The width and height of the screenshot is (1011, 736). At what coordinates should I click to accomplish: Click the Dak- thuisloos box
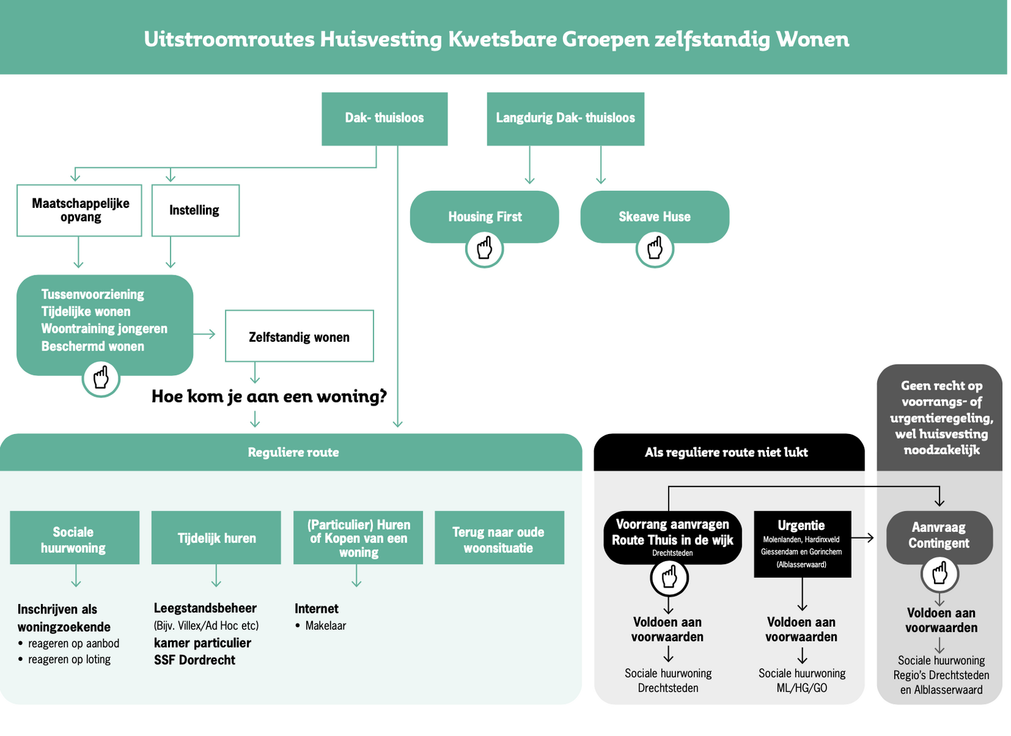click(384, 119)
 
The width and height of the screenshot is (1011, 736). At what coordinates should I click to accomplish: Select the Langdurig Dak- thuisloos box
click(565, 119)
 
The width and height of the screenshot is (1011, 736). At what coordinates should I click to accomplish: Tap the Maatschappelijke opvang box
click(80, 210)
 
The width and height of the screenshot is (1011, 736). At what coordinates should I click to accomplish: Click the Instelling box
click(195, 210)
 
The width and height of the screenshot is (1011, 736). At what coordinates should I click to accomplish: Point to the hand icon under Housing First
click(485, 248)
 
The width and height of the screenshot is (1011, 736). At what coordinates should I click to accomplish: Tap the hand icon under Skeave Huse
click(655, 248)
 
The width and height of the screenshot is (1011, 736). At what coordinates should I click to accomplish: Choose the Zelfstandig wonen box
click(299, 336)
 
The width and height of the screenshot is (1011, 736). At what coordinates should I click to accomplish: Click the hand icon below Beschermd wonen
click(101, 378)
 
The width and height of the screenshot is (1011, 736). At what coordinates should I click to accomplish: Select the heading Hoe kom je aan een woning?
click(269, 397)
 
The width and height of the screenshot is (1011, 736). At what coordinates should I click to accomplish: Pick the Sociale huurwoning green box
click(75, 538)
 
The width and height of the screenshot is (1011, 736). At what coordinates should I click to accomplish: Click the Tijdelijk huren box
click(216, 538)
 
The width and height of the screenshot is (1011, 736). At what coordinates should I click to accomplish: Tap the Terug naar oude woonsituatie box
click(499, 538)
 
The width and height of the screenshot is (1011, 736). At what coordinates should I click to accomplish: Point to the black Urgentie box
click(802, 543)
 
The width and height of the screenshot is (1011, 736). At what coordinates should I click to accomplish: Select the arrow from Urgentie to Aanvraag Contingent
click(863, 538)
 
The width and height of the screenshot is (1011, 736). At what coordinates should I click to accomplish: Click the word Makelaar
click(325, 626)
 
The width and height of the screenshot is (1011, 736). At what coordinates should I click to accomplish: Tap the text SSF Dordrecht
click(195, 660)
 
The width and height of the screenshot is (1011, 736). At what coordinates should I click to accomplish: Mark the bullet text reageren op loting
click(70, 660)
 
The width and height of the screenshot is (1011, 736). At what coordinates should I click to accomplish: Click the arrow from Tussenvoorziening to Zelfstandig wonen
click(205, 334)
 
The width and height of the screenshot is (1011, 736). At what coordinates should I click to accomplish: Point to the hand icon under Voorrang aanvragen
click(669, 577)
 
